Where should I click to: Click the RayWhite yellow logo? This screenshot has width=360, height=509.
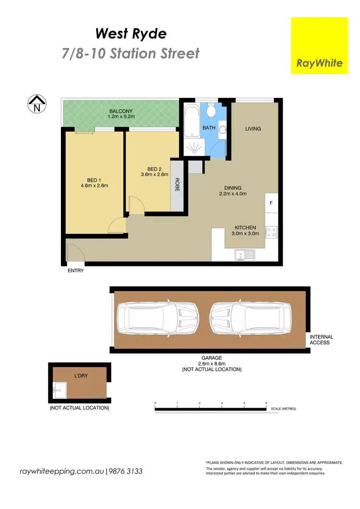tap(319, 46)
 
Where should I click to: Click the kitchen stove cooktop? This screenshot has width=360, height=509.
tap(271, 232)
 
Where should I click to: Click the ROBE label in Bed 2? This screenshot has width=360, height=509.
tap(177, 185)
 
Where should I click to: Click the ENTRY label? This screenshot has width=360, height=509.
tap(76, 271)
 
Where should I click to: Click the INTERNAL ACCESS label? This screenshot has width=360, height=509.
tap(322, 340)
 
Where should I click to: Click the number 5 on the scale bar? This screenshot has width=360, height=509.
tap(266, 403)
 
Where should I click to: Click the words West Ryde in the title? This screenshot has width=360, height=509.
tap(131, 34)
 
